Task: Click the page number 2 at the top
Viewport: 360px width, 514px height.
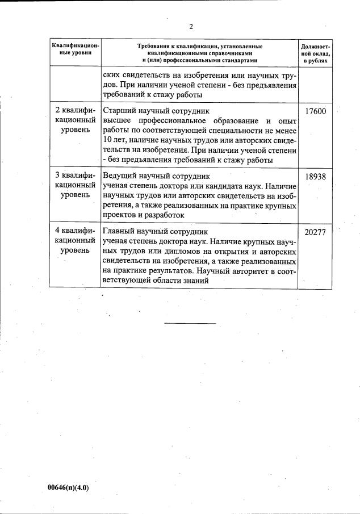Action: pos(191,26)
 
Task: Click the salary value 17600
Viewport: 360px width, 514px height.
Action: pos(315,112)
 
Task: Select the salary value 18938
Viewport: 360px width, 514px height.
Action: pos(315,177)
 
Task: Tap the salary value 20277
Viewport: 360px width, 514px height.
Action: pos(315,232)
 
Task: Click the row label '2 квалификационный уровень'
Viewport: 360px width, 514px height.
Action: pos(76,120)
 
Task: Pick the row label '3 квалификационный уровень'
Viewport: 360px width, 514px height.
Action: pos(76,185)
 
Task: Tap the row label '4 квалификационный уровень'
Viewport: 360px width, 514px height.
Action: pos(76,241)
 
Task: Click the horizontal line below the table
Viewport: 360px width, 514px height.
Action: pos(190,323)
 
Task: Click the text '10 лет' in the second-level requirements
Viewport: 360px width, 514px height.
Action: pos(113,140)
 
